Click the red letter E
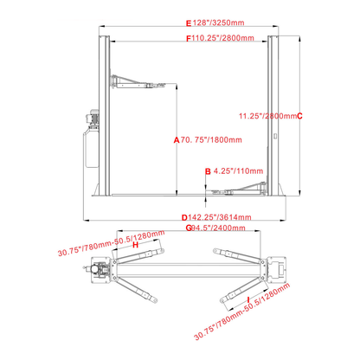pyautogui.click(x=188, y=23)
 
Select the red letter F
pyautogui.click(x=188, y=38)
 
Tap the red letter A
pyautogui.click(x=176, y=138)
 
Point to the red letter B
pyautogui.click(x=207, y=171)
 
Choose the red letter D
pyautogui.click(x=185, y=217)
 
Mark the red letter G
pyautogui.click(x=187, y=228)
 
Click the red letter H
pyautogui.click(x=137, y=245)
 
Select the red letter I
pyautogui.click(x=248, y=299)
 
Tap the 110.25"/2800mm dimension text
pyautogui.click(x=223, y=38)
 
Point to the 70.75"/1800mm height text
pyautogui.click(x=206, y=138)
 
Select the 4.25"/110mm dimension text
pyautogui.click(x=232, y=171)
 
